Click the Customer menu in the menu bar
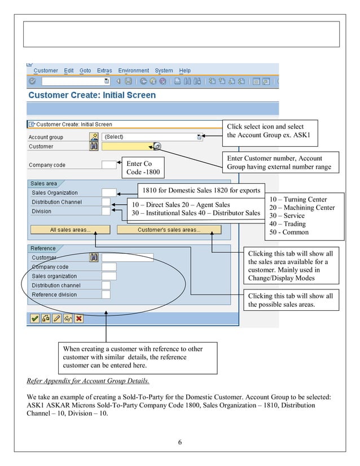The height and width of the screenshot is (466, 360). tap(45, 71)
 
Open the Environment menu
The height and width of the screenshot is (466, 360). tap(133, 71)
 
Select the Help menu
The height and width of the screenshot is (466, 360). tap(185, 71)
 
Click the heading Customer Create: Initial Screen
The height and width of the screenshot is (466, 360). tap(92, 95)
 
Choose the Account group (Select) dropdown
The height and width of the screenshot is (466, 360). tap(152, 137)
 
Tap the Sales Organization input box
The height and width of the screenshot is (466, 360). tap(109, 192)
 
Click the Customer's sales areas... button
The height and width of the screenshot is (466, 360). tap(169, 230)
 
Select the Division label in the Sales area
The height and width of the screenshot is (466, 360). tap(41, 211)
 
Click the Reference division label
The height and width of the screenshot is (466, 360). tap(54, 294)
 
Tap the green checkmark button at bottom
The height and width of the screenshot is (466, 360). tap(34, 318)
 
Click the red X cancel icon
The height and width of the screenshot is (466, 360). tap(79, 318)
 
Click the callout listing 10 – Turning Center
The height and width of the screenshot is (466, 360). tap(301, 216)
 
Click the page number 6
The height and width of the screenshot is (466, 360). tap(179, 442)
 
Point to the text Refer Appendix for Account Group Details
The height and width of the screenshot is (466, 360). tap(88, 380)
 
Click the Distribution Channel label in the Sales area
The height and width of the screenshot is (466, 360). tap(56, 202)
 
